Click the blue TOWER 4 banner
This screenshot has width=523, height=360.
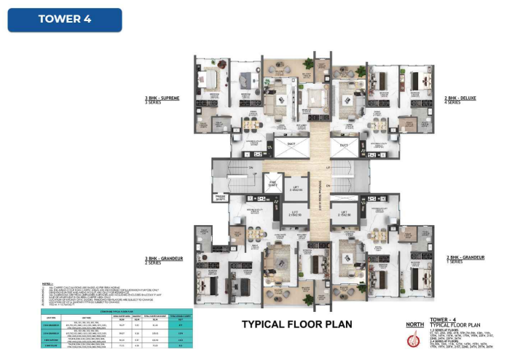tap(65, 20)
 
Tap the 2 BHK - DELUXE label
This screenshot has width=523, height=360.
tap(460, 97)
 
